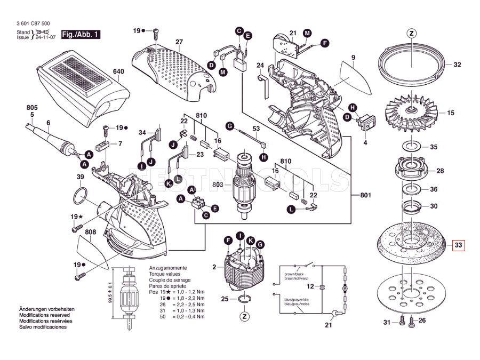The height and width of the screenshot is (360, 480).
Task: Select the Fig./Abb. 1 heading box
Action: (81, 35)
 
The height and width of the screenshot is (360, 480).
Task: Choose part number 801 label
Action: (365, 195)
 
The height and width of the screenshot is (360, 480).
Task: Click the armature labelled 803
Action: (244, 184)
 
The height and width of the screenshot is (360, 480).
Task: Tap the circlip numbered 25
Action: (244, 299)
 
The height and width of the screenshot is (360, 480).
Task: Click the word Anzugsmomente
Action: (168, 267)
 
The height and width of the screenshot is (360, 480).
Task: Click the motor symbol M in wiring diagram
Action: (345, 288)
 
